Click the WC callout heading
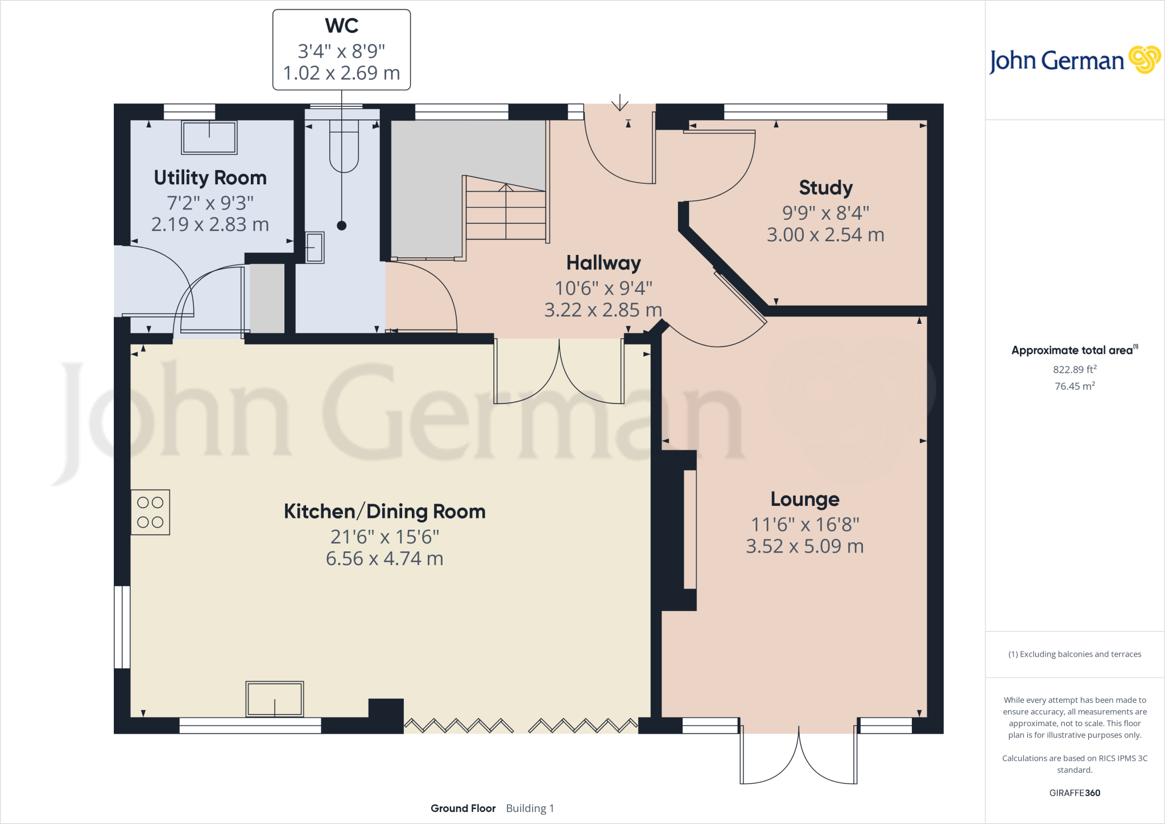click(x=341, y=26)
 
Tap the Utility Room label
click(x=210, y=178)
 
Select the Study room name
click(x=825, y=188)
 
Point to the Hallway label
click(x=604, y=263)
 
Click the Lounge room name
click(x=805, y=499)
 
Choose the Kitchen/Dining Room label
click(x=385, y=512)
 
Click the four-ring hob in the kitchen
click(x=150, y=512)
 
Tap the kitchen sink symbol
click(x=275, y=699)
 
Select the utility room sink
click(x=209, y=137)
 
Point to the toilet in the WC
click(x=344, y=146)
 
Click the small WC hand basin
click(x=315, y=247)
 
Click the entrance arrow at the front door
click(x=619, y=102)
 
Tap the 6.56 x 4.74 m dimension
click(x=385, y=559)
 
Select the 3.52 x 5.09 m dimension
click(x=805, y=546)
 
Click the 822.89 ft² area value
click(x=1075, y=369)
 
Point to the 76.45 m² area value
click(x=1075, y=386)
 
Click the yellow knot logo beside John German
click(x=1145, y=60)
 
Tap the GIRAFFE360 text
click(x=1075, y=793)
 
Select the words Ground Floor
click(x=463, y=808)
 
